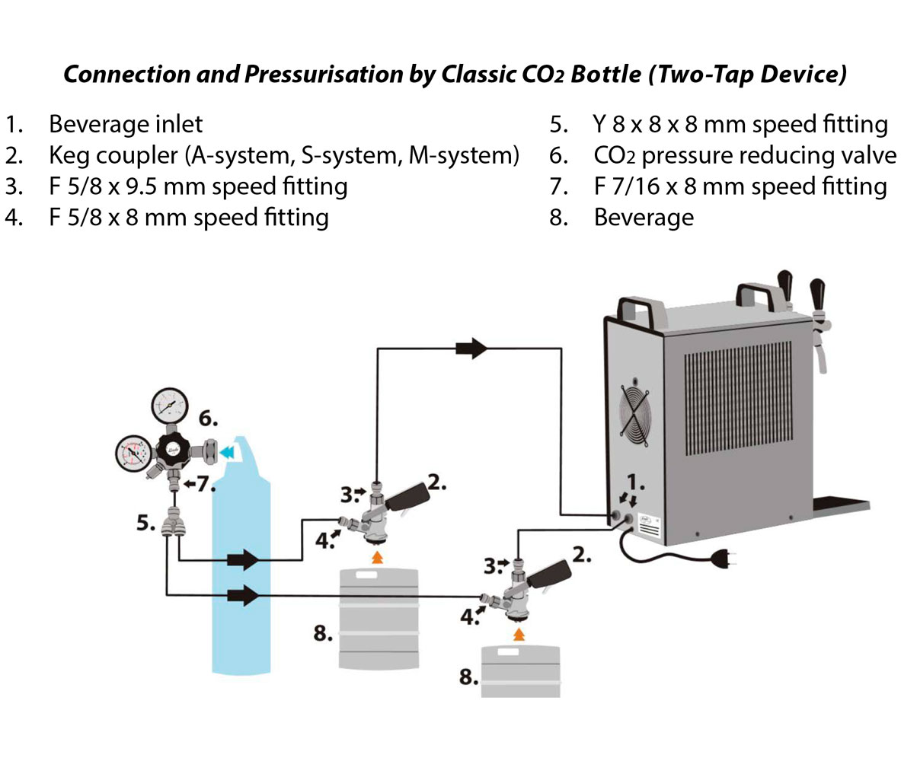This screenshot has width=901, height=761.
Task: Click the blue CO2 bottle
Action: click(241, 563)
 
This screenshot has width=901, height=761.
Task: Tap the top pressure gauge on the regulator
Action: click(170, 406)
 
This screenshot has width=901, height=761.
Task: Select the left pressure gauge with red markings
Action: click(133, 454)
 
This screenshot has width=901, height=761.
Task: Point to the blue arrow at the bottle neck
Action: click(228, 453)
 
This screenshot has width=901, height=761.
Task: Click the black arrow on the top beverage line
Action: click(471, 348)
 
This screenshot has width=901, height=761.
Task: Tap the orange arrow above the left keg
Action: click(377, 557)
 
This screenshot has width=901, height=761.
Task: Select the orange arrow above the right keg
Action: click(519, 634)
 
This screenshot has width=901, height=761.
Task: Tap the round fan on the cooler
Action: click(636, 412)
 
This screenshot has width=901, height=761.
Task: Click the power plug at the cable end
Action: click(724, 557)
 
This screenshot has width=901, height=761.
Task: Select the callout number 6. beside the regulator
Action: click(208, 419)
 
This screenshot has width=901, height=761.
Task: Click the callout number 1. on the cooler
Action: click(635, 483)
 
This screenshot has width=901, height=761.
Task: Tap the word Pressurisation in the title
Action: click(324, 75)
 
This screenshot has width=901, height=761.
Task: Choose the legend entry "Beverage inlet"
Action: click(126, 124)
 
